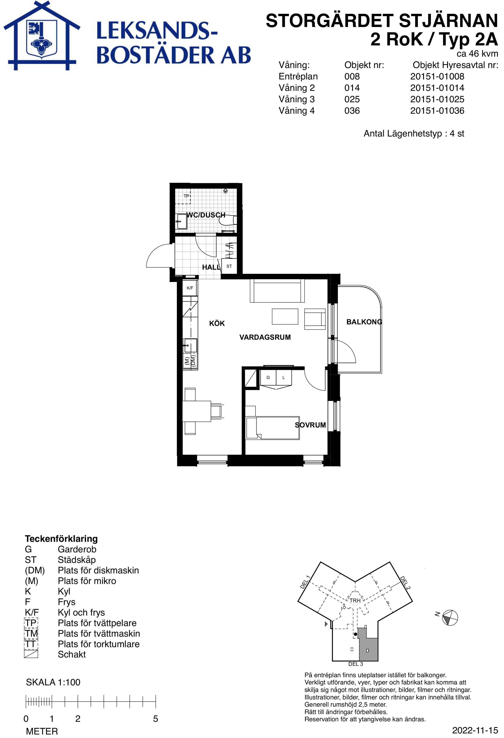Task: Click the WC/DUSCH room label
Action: click(x=206, y=215)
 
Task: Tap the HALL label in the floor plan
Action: click(x=211, y=267)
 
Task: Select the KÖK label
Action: click(x=217, y=324)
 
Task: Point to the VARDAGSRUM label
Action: click(x=265, y=337)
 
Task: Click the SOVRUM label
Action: click(x=310, y=425)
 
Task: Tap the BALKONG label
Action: click(x=364, y=322)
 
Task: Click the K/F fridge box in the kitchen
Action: click(x=190, y=288)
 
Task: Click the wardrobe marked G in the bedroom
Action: click(x=268, y=378)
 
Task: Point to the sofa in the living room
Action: click(x=277, y=291)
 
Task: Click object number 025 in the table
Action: click(x=352, y=99)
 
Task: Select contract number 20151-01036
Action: click(x=437, y=111)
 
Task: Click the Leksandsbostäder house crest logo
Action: click(x=42, y=36)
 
